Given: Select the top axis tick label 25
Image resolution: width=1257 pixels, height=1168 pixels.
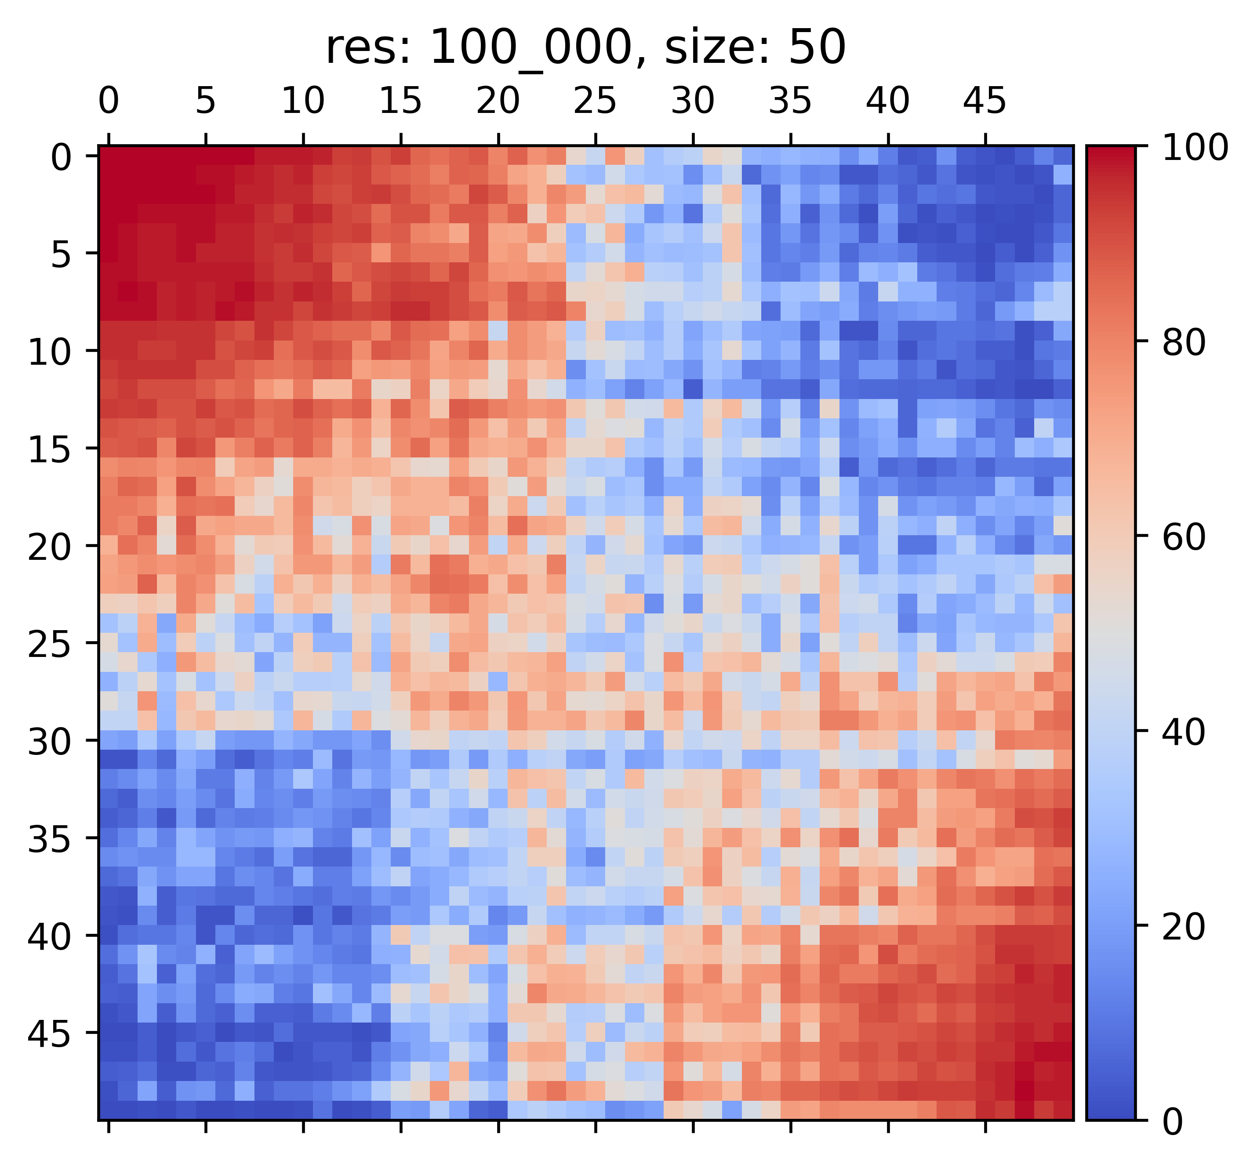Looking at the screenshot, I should click(595, 101).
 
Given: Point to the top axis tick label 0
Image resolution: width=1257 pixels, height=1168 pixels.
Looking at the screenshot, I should click(108, 101).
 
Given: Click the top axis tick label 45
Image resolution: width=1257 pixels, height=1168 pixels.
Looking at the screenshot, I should click(985, 101).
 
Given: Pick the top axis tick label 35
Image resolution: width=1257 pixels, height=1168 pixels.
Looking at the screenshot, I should click(790, 101).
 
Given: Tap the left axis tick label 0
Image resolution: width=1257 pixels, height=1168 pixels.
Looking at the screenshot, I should click(62, 157).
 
